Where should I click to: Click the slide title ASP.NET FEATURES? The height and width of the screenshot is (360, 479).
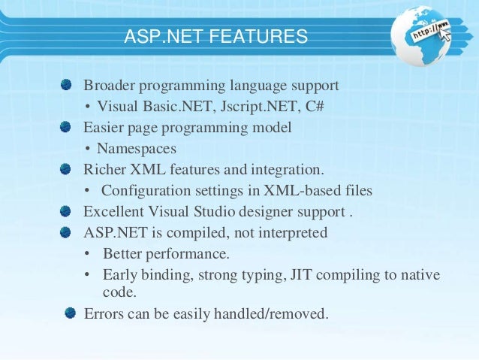click(x=216, y=36)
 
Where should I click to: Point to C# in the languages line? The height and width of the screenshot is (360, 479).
click(x=315, y=104)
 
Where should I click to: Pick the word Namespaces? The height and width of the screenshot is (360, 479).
click(x=135, y=148)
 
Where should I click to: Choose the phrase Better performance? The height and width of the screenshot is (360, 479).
click(x=165, y=254)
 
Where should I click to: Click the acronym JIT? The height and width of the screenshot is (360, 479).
click(x=297, y=275)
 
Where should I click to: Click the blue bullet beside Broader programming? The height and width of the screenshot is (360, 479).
click(x=68, y=83)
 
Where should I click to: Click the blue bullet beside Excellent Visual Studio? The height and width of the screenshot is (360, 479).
click(x=68, y=211)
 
